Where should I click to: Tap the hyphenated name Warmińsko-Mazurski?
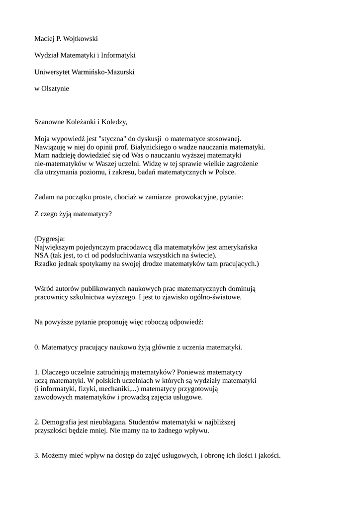(103, 72)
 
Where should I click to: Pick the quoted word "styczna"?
(113, 139)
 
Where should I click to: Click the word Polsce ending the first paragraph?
(224, 172)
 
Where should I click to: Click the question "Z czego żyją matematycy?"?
(73, 214)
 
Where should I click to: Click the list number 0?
(36, 347)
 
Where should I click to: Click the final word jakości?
(269, 455)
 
